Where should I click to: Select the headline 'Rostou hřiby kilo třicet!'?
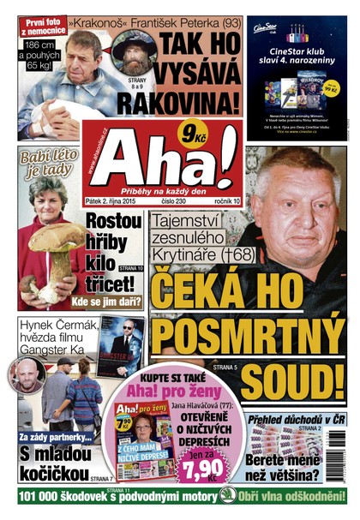coord(116,244)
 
